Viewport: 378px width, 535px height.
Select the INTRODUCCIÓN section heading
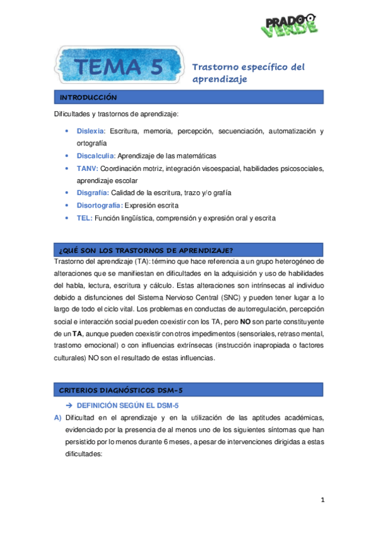88,98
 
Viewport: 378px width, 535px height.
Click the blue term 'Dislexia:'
92,131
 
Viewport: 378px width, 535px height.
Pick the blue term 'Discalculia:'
96,155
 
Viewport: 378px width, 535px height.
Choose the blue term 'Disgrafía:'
93,192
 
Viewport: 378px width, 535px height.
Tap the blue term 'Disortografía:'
99,205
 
